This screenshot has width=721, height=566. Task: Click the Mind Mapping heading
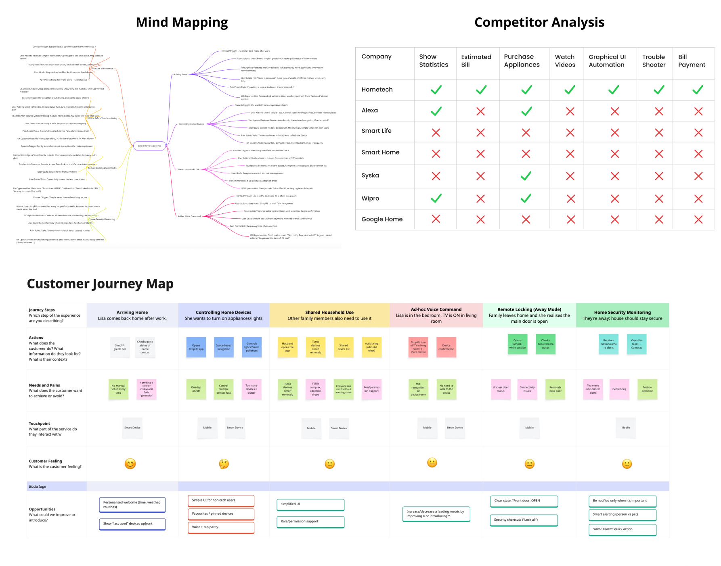coord(182,22)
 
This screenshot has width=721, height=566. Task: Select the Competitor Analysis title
coord(539,22)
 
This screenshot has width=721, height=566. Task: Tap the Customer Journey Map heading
coord(100,284)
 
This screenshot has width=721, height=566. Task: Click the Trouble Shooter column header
coord(654,61)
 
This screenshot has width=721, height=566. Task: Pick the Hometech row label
coord(377,90)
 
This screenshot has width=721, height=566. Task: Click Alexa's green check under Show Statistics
coord(436,111)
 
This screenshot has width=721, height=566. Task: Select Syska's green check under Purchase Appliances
coord(526,176)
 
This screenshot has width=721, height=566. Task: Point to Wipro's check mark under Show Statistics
coord(436,198)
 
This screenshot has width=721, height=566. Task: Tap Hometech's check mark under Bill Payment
coord(698,90)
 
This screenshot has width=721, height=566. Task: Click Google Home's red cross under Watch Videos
coord(570,219)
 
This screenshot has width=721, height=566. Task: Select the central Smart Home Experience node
coord(149,146)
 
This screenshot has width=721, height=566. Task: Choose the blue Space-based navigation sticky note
coord(224,347)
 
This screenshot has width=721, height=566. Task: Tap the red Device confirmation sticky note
coord(446,347)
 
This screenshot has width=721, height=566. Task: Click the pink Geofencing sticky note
coord(619,389)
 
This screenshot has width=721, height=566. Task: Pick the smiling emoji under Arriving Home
coord(130,464)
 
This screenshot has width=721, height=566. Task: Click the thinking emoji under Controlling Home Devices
coord(224,464)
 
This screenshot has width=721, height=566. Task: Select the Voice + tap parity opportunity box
coord(221,527)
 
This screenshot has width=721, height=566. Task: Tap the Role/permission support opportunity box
coord(310,522)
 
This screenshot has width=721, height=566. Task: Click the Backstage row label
coord(38,487)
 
